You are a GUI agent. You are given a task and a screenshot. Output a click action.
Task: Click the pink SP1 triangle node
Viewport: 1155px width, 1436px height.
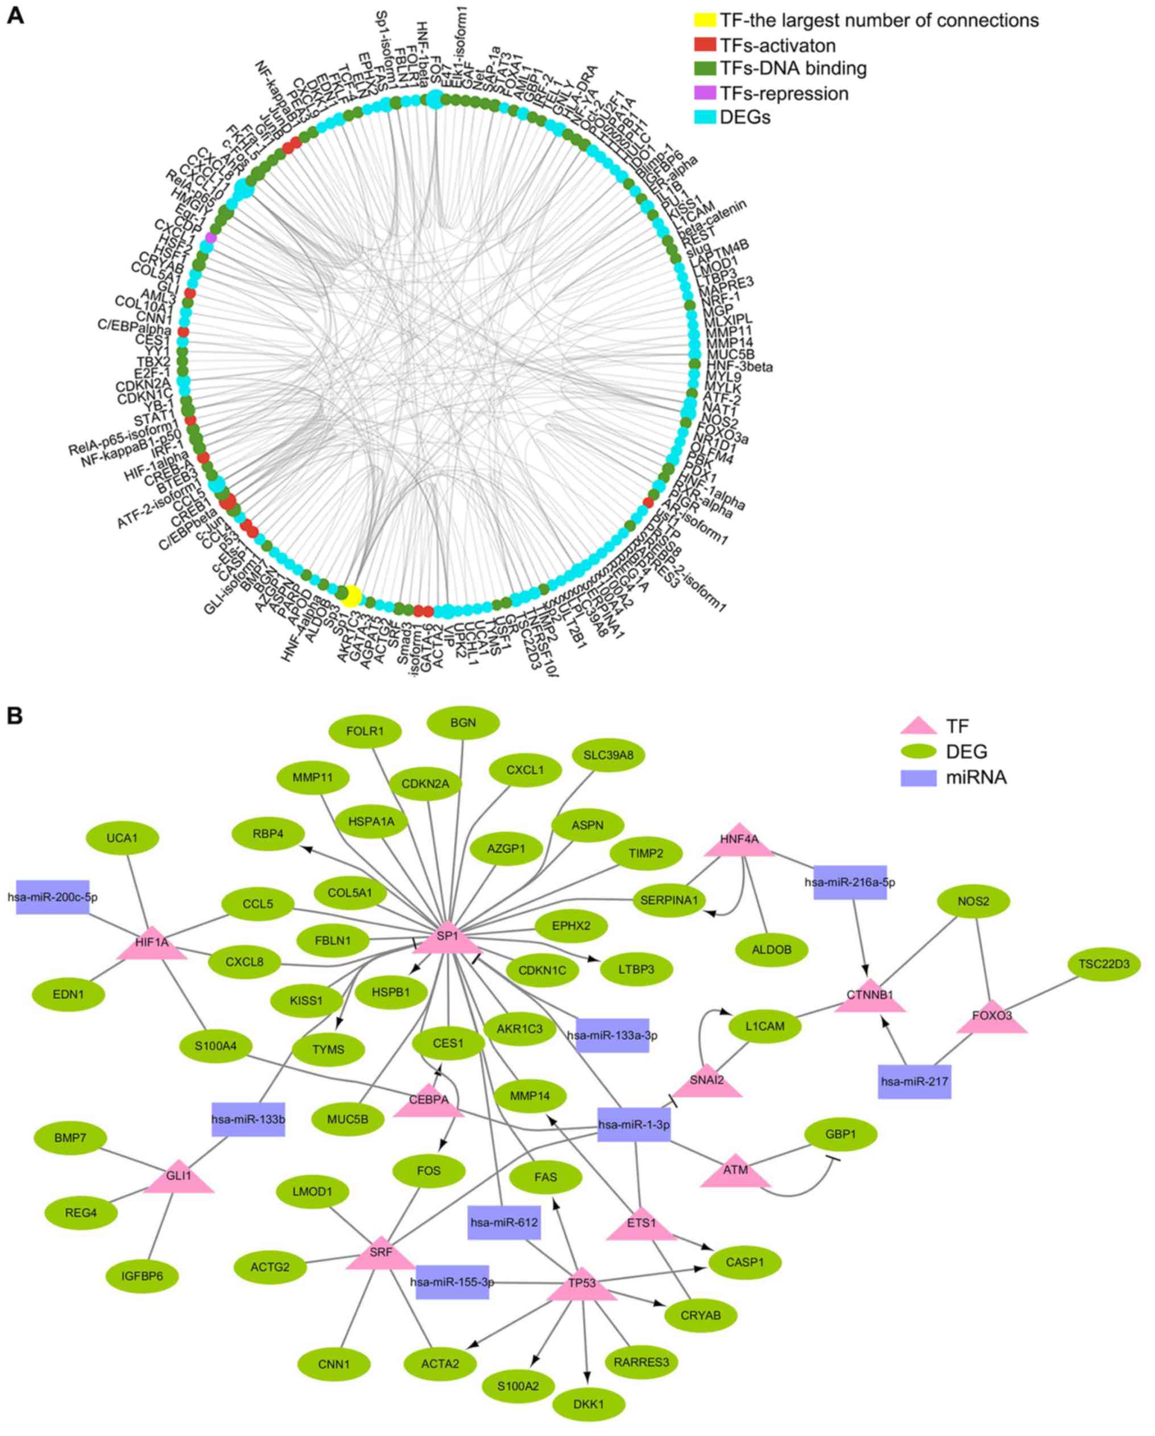click(x=447, y=939)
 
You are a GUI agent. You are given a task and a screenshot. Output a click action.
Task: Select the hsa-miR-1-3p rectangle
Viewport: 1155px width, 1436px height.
click(x=634, y=1125)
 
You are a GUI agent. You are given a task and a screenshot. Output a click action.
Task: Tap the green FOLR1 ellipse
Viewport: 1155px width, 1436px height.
click(x=365, y=731)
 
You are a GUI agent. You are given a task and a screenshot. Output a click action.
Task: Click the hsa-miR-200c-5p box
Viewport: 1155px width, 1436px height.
click(x=53, y=897)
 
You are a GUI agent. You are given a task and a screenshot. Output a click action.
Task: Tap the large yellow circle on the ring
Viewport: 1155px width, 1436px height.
click(x=351, y=595)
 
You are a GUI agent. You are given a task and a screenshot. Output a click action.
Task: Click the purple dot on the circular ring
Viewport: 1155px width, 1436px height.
click(x=211, y=238)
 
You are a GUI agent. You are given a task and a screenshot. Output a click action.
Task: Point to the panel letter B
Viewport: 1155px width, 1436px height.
click(x=14, y=716)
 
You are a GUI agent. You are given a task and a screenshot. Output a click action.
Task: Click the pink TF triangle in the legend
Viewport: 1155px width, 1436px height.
click(x=918, y=726)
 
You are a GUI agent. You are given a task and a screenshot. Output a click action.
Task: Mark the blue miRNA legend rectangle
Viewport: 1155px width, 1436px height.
click(x=918, y=777)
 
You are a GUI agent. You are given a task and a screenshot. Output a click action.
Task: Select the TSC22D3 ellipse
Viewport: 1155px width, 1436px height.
click(x=1104, y=964)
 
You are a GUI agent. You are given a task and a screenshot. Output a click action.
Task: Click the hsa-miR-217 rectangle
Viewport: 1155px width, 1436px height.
click(x=914, y=1082)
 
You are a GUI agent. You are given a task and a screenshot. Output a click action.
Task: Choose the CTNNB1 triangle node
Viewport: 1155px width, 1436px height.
click(x=870, y=997)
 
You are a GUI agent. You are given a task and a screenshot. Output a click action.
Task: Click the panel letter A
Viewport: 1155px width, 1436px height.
click(x=14, y=15)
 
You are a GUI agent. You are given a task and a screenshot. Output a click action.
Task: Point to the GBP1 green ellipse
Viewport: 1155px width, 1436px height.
click(x=841, y=1134)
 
